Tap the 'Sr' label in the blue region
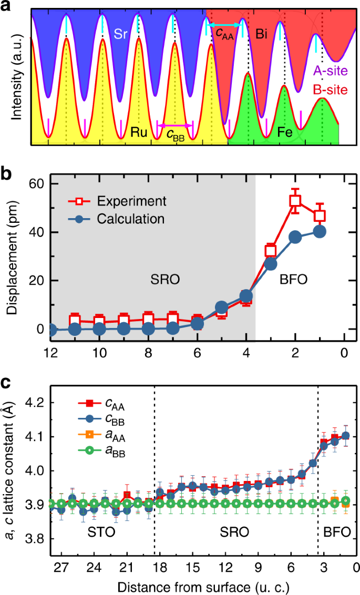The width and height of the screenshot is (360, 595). [x=121, y=35]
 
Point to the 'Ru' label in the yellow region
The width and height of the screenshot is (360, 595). [x=139, y=132]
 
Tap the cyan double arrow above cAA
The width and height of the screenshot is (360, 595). [x=224, y=25]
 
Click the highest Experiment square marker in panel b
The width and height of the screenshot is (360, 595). [x=295, y=200]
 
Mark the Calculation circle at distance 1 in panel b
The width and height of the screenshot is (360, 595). [x=320, y=231]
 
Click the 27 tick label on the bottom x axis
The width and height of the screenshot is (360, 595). [x=61, y=568]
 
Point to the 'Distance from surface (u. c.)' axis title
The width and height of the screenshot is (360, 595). [x=203, y=585]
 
